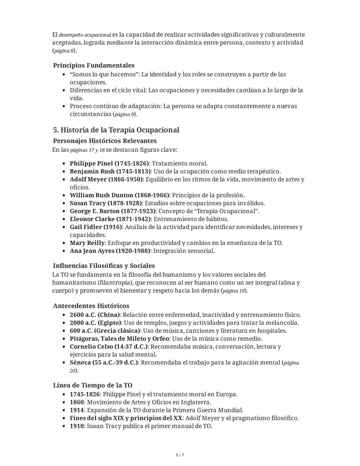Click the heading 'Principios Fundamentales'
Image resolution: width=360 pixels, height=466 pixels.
pos(94,65)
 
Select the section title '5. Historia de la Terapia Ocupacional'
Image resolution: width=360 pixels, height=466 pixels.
pos(116,130)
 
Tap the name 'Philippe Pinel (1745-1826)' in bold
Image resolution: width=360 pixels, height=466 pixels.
pos(109,163)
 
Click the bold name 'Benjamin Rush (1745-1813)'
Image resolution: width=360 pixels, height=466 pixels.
pos(109,171)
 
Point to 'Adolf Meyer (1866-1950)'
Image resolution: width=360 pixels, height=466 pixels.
pos(106,179)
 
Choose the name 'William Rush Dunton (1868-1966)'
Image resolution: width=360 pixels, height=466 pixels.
pos(119,195)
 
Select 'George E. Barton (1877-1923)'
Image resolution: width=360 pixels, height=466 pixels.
pos(113,211)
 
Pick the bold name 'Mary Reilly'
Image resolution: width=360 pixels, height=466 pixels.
pos(87,243)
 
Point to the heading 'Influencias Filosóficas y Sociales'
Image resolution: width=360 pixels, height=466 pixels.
pos(104,266)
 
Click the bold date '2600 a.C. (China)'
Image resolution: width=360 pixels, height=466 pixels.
pos(95,315)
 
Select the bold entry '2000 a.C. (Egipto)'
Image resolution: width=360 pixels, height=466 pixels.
pos(95,323)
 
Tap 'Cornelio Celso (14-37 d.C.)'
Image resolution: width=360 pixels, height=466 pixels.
pos(109,347)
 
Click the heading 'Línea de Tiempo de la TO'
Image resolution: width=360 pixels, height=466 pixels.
pos(93,385)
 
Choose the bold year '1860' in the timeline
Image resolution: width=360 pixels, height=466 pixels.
pos(77,402)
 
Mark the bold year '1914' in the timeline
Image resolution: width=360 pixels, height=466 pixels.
pos(77,410)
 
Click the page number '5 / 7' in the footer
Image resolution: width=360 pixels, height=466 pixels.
pos(180,455)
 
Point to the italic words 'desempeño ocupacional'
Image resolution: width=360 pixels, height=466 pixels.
pos(85,35)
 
